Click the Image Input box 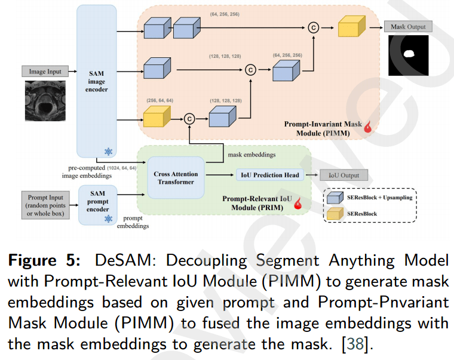(x=45, y=72)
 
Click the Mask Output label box (x=408, y=27)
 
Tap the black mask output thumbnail (x=409, y=56)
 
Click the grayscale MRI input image (x=45, y=100)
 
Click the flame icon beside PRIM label (x=296, y=204)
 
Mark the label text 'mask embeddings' (x=251, y=155)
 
